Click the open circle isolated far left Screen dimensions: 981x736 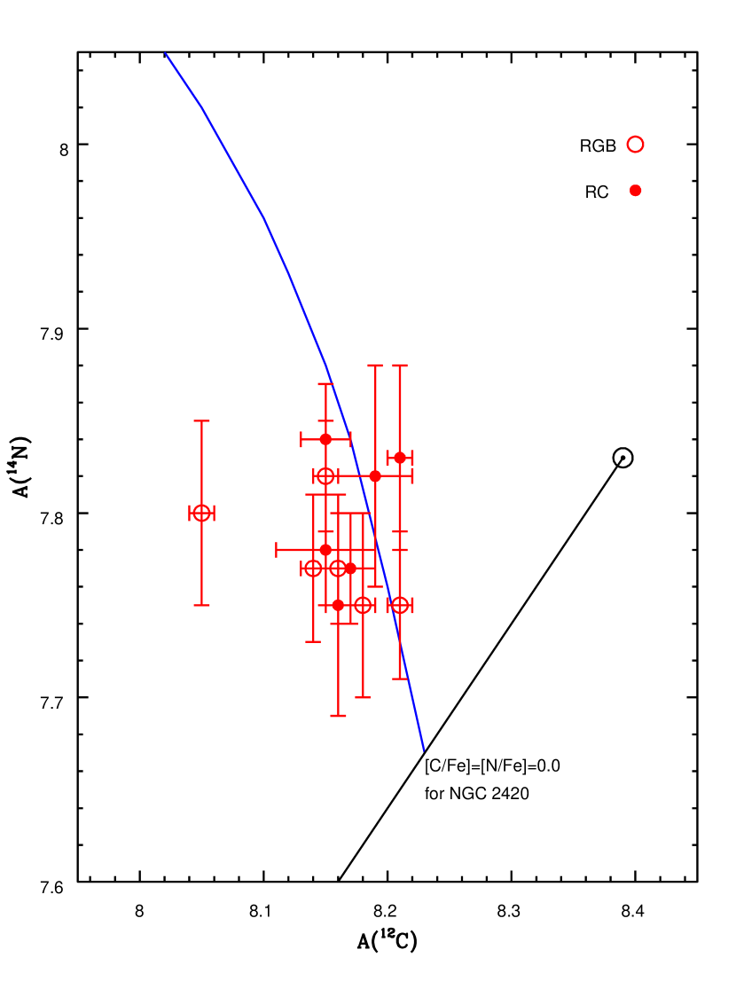pyautogui.click(x=201, y=513)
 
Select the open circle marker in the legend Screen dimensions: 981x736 pyautogui.click(x=635, y=144)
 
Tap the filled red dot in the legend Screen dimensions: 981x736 pyautogui.click(x=635, y=190)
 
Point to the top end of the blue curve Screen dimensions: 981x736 pyautogui.click(x=166, y=53)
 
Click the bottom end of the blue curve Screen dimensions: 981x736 pyautogui.click(x=424, y=750)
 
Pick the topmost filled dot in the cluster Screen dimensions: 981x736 pyautogui.click(x=325, y=439)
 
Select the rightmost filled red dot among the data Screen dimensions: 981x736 pyautogui.click(x=400, y=458)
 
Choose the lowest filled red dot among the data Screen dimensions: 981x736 pyautogui.click(x=338, y=605)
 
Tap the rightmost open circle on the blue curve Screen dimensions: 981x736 pyautogui.click(x=400, y=605)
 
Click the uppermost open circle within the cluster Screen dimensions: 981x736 pyautogui.click(x=325, y=476)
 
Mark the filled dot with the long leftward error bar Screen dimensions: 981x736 pyautogui.click(x=325, y=550)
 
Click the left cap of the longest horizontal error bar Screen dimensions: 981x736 pyautogui.click(x=277, y=550)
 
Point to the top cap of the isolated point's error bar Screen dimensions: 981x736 pyautogui.click(x=201, y=420)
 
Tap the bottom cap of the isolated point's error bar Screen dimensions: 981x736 pyautogui.click(x=201, y=605)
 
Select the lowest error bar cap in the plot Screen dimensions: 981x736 pyautogui.click(x=338, y=716)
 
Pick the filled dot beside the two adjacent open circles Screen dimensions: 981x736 pyautogui.click(x=350, y=568)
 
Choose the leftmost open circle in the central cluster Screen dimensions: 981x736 pyautogui.click(x=313, y=568)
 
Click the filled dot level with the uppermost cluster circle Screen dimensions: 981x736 pyautogui.click(x=375, y=476)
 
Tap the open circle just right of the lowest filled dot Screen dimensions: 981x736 pyautogui.click(x=363, y=605)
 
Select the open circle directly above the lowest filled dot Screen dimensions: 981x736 pyautogui.click(x=338, y=568)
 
